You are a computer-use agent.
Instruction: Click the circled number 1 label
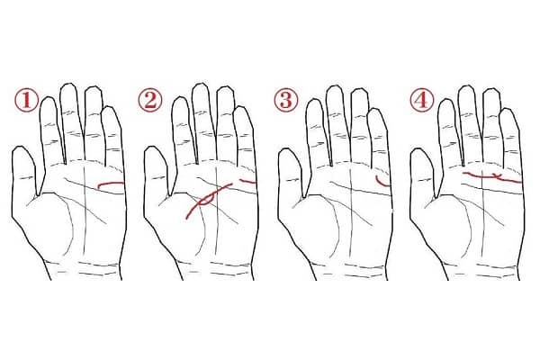click(x=26, y=100)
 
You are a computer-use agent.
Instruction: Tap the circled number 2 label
click(x=149, y=100)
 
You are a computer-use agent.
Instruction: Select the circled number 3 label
click(x=285, y=100)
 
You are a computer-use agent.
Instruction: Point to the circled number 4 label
click(x=421, y=100)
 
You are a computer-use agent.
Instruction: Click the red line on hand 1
click(x=110, y=184)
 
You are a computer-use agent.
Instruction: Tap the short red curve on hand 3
click(x=381, y=183)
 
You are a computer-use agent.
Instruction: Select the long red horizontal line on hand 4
click(x=492, y=177)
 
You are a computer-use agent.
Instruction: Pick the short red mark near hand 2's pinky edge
click(x=248, y=181)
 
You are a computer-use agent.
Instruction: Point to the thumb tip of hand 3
click(x=287, y=149)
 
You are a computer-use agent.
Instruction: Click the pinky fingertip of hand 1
click(x=110, y=107)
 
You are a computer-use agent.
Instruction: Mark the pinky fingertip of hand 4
click(x=507, y=110)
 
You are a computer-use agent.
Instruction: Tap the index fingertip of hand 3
click(x=313, y=101)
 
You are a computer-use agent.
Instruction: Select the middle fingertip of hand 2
click(x=201, y=85)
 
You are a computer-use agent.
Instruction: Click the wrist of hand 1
click(x=85, y=270)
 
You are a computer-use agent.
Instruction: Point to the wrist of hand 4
click(x=482, y=270)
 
